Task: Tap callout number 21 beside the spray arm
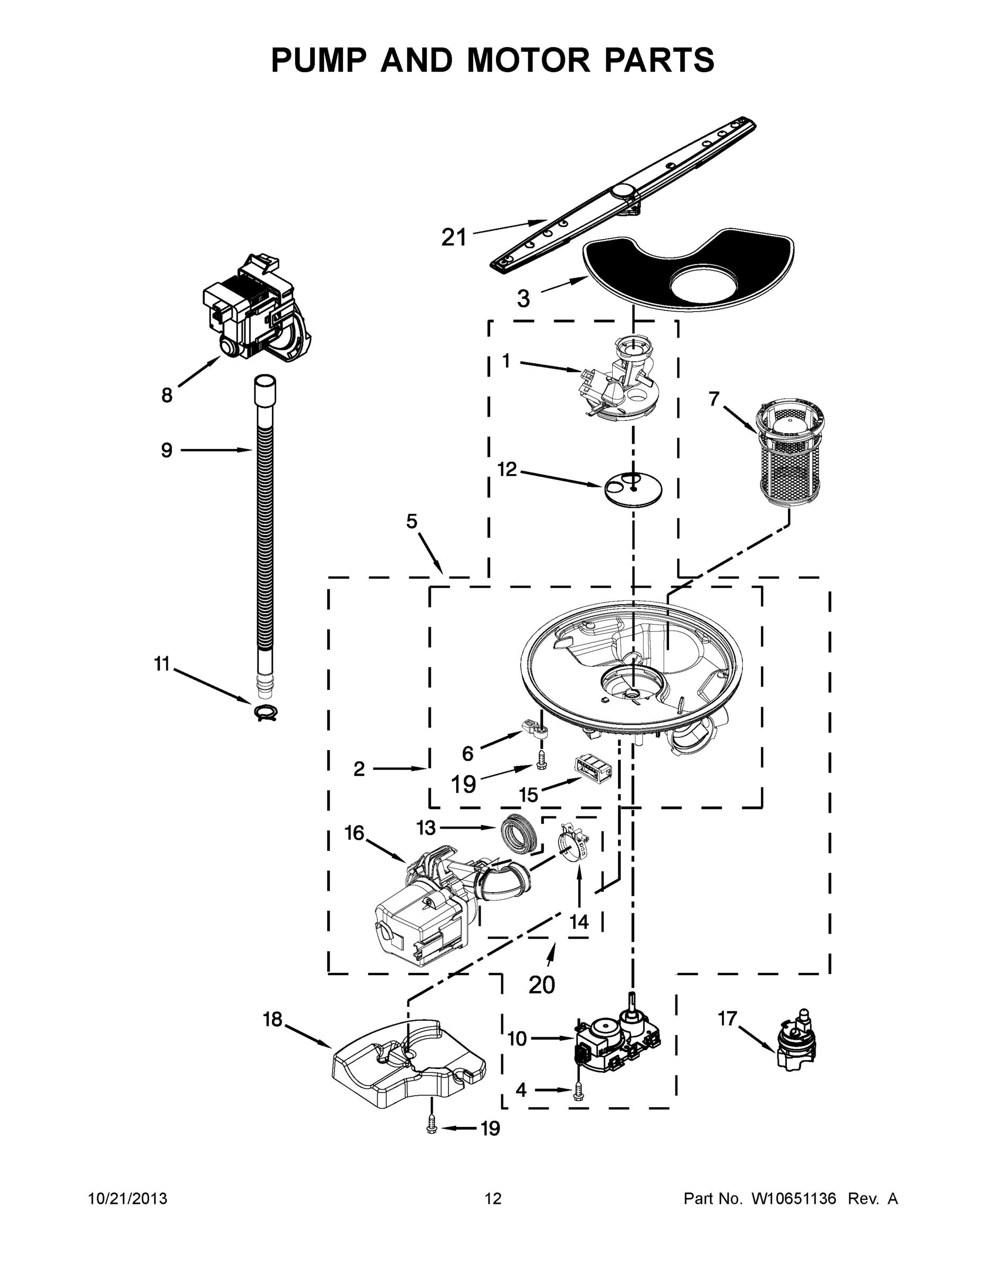(454, 237)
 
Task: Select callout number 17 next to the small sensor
(727, 1019)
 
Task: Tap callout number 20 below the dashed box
(542, 985)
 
